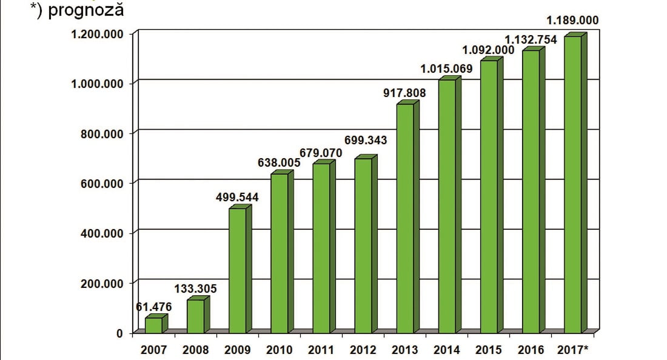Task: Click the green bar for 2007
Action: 154,325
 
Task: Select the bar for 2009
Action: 238,270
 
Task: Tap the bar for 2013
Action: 405,218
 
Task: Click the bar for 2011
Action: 321,248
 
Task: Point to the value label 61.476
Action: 154,307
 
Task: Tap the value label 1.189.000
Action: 572,21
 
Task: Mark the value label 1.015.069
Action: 446,68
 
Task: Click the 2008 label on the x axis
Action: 196,350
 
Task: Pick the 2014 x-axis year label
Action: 447,350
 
